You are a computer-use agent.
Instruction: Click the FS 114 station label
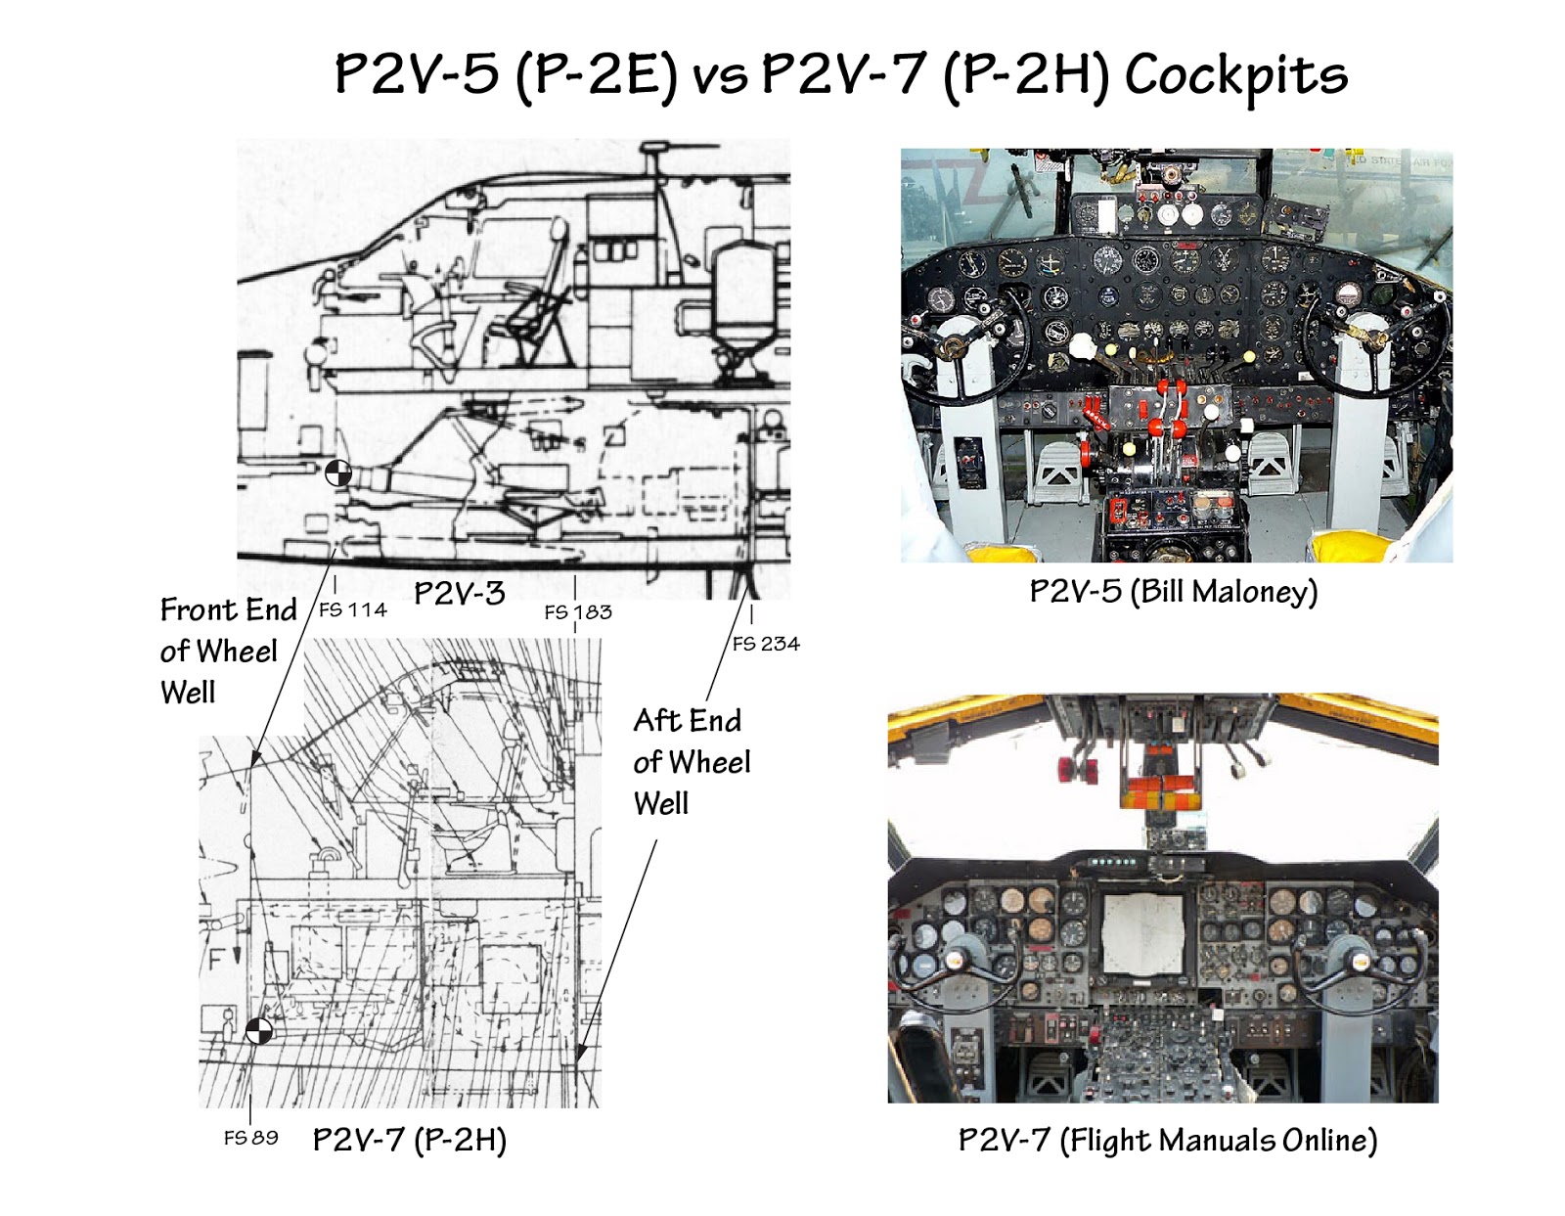click(352, 610)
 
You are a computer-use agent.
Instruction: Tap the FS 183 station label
click(577, 612)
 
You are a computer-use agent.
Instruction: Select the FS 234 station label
click(766, 644)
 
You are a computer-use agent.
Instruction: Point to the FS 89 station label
click(250, 1138)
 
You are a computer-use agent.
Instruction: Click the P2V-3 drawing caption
click(459, 593)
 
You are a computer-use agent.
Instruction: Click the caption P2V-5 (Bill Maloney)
click(1174, 592)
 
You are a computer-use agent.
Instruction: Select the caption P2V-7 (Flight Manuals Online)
click(1167, 1141)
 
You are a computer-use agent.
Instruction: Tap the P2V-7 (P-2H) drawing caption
click(409, 1140)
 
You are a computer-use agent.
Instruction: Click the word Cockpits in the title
click(1235, 75)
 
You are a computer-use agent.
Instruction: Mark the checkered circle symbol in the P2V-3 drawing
click(337, 473)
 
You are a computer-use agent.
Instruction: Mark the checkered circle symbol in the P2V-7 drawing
click(258, 1031)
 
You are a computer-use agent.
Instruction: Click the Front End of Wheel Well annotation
click(227, 651)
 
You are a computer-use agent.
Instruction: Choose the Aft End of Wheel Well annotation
click(691, 762)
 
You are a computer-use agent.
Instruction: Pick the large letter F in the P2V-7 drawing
click(216, 960)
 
